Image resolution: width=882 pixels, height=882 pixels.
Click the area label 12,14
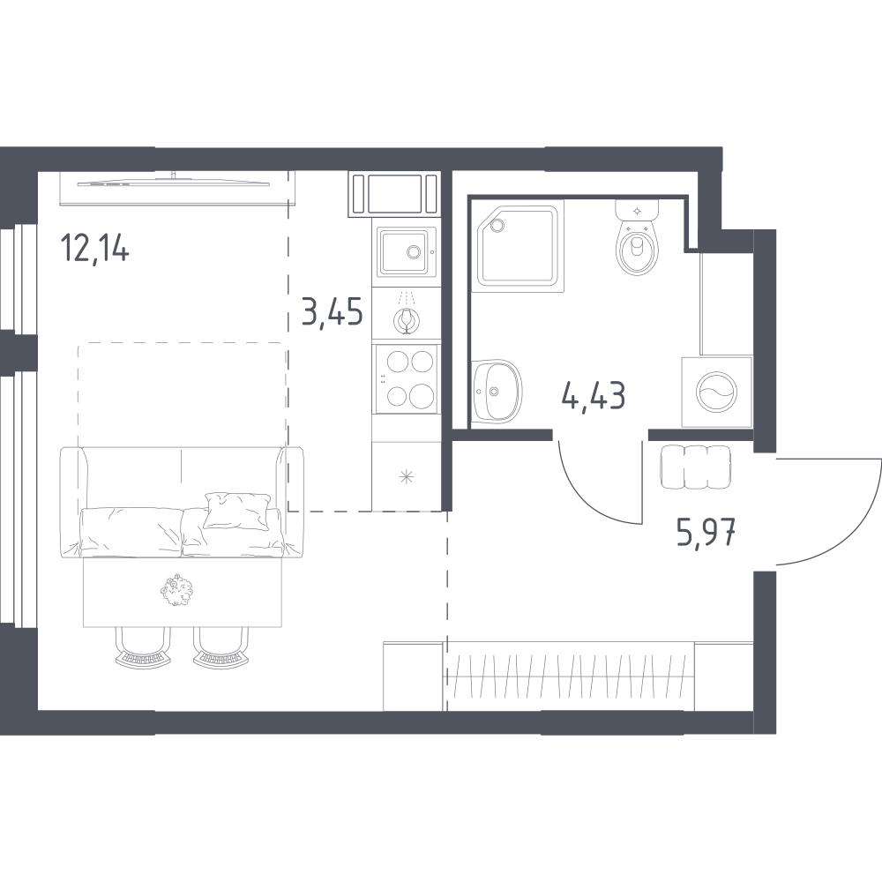pyautogui.click(x=96, y=248)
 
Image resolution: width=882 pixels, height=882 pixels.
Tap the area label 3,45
pyautogui.click(x=332, y=312)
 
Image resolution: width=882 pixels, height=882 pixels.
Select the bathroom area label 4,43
pyautogui.click(x=594, y=395)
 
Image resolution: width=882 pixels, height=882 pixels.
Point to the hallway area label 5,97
pyautogui.click(x=706, y=533)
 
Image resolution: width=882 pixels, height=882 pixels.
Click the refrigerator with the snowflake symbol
pyautogui.click(x=406, y=477)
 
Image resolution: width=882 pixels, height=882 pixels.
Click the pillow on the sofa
pyautogui.click(x=236, y=510)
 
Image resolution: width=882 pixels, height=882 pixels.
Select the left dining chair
pyautogui.click(x=143, y=647)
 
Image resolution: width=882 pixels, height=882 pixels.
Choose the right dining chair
pyautogui.click(x=221, y=647)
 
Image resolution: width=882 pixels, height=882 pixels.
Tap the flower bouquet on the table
pyautogui.click(x=176, y=589)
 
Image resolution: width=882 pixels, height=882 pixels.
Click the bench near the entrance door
pyautogui.click(x=696, y=467)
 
